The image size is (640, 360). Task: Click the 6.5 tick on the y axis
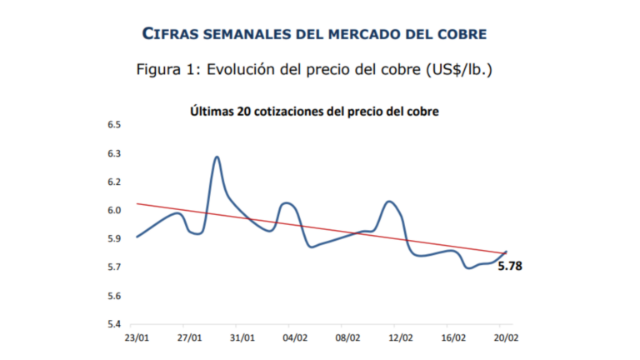tap(113, 125)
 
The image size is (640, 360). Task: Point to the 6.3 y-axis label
tap(113, 153)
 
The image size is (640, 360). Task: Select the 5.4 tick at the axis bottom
tap(113, 324)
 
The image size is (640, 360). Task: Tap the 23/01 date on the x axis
tap(137, 338)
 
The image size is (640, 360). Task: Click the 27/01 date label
tap(190, 338)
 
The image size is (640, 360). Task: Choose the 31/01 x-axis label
tap(242, 338)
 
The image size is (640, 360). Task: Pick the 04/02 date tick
tap(294, 338)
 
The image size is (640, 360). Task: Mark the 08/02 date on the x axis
tap(347, 338)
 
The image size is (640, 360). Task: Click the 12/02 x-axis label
tap(400, 338)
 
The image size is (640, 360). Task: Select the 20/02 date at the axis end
tap(504, 338)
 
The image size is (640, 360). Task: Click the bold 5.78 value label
tap(511, 267)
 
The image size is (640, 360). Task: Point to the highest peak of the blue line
tap(217, 157)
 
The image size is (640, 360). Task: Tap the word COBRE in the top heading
tap(461, 33)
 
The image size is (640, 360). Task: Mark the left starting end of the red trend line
tap(137, 203)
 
